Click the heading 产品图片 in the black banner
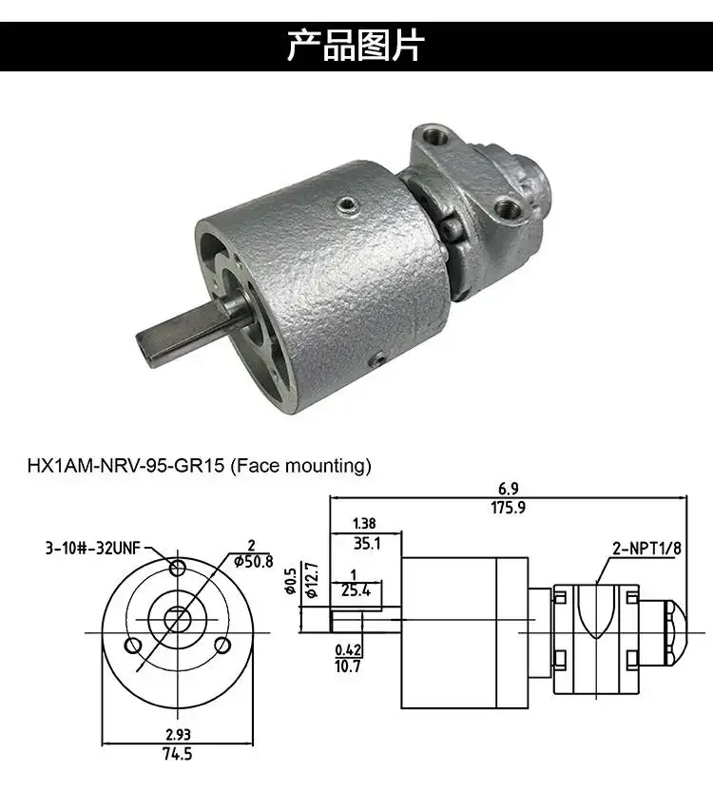[356, 46]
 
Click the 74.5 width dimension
[178, 755]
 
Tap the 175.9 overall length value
[508, 508]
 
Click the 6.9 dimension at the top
[508, 489]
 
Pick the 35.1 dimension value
[365, 545]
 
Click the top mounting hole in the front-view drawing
[177, 569]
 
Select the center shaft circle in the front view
[177, 619]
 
